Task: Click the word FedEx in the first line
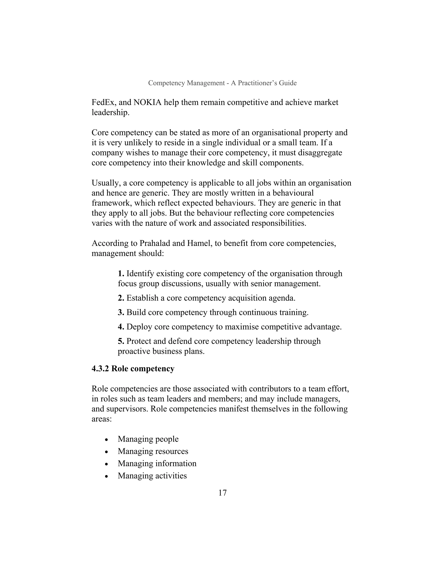pos(104,102)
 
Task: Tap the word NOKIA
pos(147,102)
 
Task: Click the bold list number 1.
pos(121,273)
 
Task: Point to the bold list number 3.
pos(121,313)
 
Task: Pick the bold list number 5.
pos(121,341)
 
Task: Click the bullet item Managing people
pos(148,439)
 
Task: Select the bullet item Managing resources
pos(153,451)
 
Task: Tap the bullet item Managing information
pos(157,463)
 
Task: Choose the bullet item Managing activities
pos(152,476)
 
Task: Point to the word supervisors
pos(127,409)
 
